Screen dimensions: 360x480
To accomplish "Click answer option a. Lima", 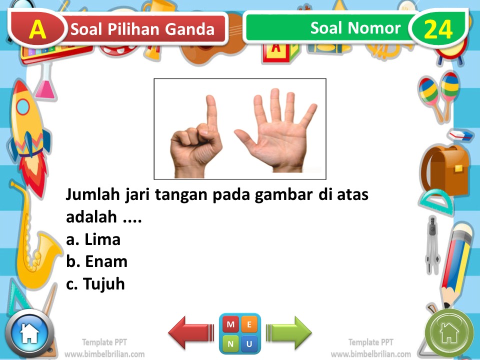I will pos(93,239).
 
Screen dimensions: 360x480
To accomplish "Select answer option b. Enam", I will pos(96,261).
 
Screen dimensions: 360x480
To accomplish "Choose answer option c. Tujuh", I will pos(95,284).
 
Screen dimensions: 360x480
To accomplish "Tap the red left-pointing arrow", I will pos(190,332).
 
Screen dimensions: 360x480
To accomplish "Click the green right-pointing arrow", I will pos(289,332).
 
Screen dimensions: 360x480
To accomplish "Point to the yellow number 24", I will pos(438,30).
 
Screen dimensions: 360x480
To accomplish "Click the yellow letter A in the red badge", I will pos(37,29).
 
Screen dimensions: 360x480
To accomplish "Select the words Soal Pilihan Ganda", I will pos(142,29).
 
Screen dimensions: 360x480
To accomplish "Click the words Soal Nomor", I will pos(355,28).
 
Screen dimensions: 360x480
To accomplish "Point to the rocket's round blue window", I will pos(23,106).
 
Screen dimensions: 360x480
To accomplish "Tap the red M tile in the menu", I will pos(230,324).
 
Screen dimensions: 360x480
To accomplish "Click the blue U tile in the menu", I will pos(249,343).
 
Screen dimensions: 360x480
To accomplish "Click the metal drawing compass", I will pos(431,245).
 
